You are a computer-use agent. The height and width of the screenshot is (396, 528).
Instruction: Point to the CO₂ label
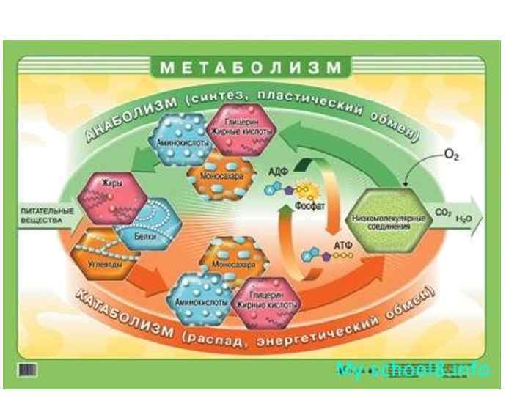[x=442, y=215]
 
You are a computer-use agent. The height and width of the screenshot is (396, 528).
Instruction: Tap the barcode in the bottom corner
[x=26, y=367]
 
